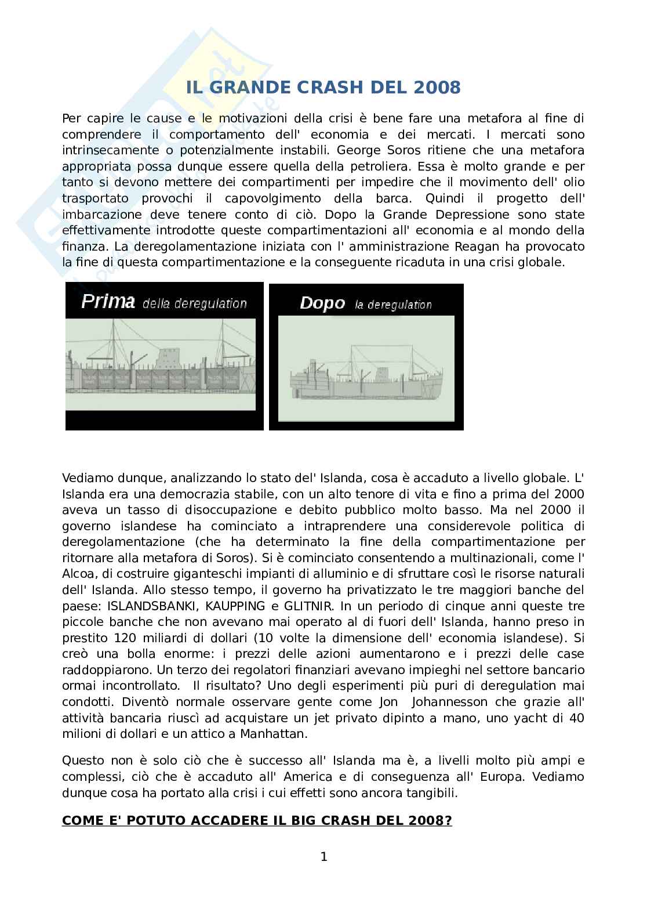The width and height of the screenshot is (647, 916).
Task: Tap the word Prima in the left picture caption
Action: [108, 302]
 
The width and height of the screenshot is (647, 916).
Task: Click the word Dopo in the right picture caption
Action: [322, 303]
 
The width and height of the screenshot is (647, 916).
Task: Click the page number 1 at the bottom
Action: [324, 857]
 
